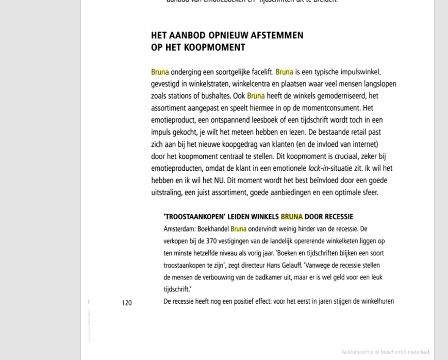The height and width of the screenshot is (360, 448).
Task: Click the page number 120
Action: [127, 303]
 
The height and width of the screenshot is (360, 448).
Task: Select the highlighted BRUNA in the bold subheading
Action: [292, 217]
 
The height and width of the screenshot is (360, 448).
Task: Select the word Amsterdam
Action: [179, 229]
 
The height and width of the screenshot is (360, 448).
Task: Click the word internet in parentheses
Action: [363, 144]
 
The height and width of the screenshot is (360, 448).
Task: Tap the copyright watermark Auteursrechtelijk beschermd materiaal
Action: [385, 352]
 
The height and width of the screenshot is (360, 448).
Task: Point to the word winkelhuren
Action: [375, 301]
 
